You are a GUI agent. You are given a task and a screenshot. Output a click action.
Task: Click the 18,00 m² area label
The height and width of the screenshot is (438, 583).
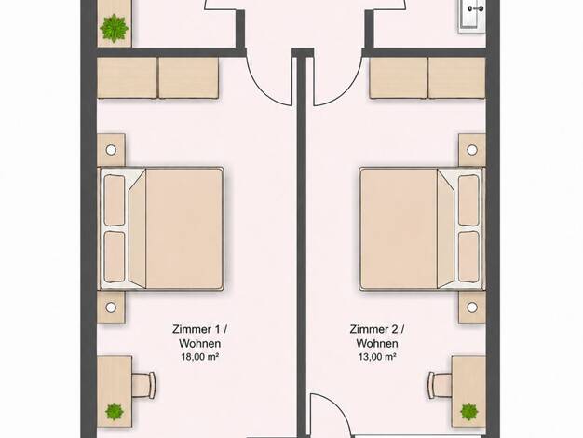point(199,357)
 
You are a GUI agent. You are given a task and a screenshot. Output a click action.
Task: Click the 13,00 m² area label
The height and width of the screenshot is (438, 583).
point(376,357)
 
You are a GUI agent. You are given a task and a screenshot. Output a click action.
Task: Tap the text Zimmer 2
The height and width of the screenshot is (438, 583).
point(374,329)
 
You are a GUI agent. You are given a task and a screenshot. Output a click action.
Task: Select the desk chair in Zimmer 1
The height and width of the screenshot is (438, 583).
point(143,385)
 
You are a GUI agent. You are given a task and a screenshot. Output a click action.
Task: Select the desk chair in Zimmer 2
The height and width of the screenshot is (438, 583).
point(440,385)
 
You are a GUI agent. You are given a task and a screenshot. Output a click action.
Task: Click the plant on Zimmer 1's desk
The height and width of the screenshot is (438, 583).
point(115,412)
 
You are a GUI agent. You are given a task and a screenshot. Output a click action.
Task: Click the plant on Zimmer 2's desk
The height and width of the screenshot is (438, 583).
point(468,412)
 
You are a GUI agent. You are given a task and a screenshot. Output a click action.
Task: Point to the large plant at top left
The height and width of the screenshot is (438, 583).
point(115,28)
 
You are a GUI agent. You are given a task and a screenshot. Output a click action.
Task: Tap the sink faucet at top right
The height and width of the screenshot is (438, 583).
point(476,8)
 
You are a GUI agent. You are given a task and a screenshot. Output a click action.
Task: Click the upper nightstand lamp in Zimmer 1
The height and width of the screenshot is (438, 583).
point(111,150)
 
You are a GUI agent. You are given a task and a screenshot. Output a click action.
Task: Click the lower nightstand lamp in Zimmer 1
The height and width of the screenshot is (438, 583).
point(111,308)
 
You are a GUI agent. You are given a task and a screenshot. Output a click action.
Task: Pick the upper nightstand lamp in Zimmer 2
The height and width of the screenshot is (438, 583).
point(472,150)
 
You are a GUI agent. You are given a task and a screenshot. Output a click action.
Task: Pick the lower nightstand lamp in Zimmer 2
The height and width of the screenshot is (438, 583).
point(472,308)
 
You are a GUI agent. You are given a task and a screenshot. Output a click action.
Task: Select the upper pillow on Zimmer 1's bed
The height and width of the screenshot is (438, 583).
point(115,200)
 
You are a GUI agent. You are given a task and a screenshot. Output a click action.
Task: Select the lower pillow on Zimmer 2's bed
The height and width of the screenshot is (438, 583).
point(468,257)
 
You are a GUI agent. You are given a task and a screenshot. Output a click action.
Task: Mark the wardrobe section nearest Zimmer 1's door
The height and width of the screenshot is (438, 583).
point(188,77)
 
